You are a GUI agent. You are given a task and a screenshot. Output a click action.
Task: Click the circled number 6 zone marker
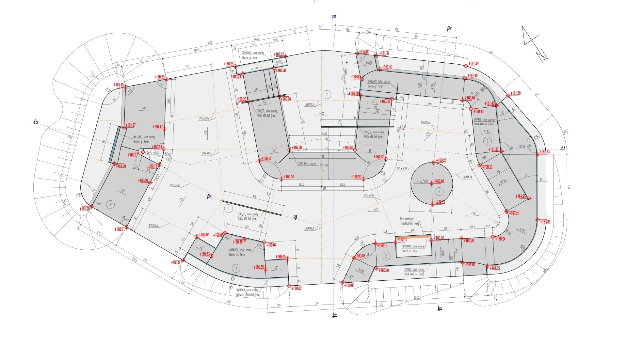(x=439, y=192)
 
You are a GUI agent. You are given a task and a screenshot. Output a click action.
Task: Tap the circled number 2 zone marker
(x=327, y=95)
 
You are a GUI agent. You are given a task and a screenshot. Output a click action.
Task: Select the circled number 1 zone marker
(x=110, y=205)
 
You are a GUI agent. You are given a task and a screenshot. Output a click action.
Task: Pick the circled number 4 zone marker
(x=236, y=268)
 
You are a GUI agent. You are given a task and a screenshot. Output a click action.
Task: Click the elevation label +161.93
(x=544, y=152)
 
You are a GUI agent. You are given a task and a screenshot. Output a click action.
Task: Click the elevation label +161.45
(x=119, y=85)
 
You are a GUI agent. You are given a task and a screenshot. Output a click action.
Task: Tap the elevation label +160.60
(x=439, y=181)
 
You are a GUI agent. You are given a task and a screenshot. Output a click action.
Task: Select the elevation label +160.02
(x=297, y=288)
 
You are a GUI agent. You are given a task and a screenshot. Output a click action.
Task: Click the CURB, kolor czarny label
(x=307, y=164)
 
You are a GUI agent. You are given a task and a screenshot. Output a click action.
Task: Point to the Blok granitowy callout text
(x=407, y=219)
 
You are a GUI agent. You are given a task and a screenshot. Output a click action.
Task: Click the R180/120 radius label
(x=422, y=181)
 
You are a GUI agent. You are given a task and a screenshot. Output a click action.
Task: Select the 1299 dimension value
(x=210, y=43)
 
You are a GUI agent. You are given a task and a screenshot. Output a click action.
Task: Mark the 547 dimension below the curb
(x=324, y=189)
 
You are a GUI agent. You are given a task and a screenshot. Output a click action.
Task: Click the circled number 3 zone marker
(x=228, y=209)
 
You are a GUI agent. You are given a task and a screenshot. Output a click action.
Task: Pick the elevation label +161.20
(x=84, y=209)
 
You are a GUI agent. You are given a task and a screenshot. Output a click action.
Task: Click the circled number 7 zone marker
(x=488, y=141)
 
